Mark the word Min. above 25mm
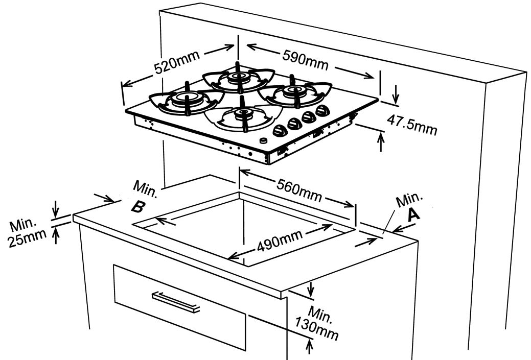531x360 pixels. tap(24, 225)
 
